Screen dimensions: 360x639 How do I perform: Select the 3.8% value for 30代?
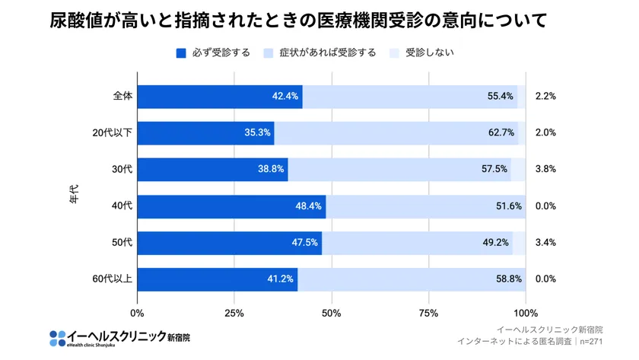pyautogui.click(x=545, y=170)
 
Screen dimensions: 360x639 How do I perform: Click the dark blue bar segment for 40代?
pyautogui.click(x=231, y=206)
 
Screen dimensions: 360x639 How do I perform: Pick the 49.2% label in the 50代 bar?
pyautogui.click(x=498, y=243)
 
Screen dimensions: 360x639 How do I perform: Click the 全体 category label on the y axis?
pyautogui.click(x=122, y=97)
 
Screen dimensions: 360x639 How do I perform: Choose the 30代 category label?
pyautogui.click(x=122, y=170)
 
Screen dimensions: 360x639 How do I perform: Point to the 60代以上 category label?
pyautogui.click(x=113, y=279)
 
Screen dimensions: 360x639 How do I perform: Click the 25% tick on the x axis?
pyautogui.click(x=234, y=313)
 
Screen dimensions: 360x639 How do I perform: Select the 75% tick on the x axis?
pyautogui.click(x=428, y=313)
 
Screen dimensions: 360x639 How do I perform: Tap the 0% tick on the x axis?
pyautogui.click(x=138, y=313)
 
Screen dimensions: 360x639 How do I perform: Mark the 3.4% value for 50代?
pyautogui.click(x=545, y=243)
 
